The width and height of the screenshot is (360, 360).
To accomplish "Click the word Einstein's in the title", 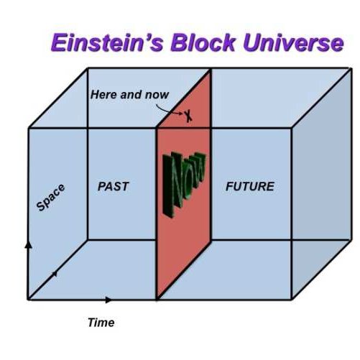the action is tap(107, 42).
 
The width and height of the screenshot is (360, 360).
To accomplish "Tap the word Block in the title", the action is tap(203, 42).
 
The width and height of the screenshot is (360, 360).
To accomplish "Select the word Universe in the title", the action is tap(293, 42).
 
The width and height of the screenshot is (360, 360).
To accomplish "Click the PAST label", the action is tap(114, 186).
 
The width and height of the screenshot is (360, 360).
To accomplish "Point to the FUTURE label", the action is tap(250, 186).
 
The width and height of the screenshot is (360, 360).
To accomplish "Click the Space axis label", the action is tap(50, 198).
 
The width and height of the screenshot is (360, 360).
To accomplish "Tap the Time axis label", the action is tap(101, 323).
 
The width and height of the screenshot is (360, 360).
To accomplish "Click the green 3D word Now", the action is tap(184, 185).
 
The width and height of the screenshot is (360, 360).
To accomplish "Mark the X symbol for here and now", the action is tap(189, 116).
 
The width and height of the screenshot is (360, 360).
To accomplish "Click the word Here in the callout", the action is tap(104, 94).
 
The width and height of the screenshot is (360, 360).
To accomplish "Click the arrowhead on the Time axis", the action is tap(109, 300).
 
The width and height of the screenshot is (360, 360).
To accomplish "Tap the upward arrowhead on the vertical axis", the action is tap(29, 245).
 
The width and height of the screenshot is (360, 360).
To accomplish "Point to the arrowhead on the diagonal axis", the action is tap(55, 273).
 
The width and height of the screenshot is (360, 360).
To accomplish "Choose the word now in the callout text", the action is tap(157, 95).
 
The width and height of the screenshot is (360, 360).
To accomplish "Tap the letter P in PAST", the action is tap(102, 186).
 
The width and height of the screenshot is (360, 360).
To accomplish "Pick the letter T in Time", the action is tap(91, 322).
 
